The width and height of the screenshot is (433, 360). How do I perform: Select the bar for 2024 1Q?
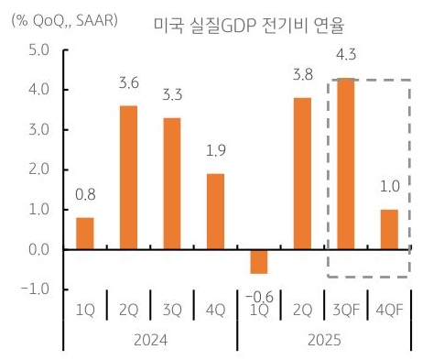(x=85, y=233)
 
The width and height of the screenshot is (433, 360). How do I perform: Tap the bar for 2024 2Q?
(x=129, y=178)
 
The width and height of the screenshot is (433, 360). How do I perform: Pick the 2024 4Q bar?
(x=216, y=212)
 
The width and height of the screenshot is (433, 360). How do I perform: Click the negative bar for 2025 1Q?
(x=260, y=261)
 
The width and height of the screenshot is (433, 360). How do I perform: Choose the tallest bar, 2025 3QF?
(x=346, y=164)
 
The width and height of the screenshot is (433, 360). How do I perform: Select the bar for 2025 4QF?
(x=389, y=229)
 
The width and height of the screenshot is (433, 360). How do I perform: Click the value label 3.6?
(x=129, y=85)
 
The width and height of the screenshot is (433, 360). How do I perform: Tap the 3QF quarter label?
(x=346, y=310)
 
